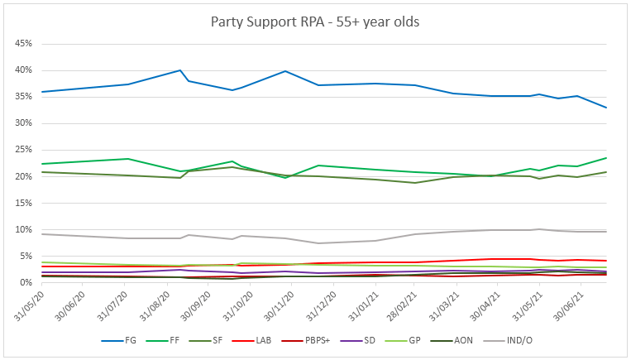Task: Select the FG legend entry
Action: (x=131, y=340)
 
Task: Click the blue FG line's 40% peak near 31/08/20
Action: (x=180, y=70)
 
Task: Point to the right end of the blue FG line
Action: (x=606, y=108)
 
